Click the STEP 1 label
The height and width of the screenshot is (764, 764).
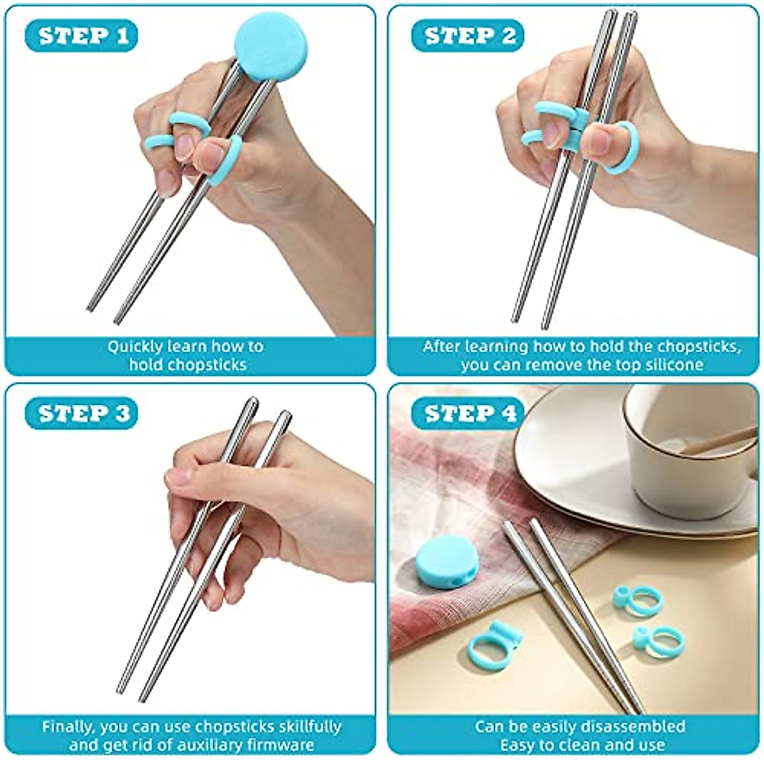coord(81,36)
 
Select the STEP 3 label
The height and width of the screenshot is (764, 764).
coord(81,414)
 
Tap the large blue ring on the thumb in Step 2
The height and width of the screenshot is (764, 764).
coord(614,148)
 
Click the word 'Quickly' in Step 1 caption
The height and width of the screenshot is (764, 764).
coord(131,347)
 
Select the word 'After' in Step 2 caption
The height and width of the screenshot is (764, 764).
coord(441,347)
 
